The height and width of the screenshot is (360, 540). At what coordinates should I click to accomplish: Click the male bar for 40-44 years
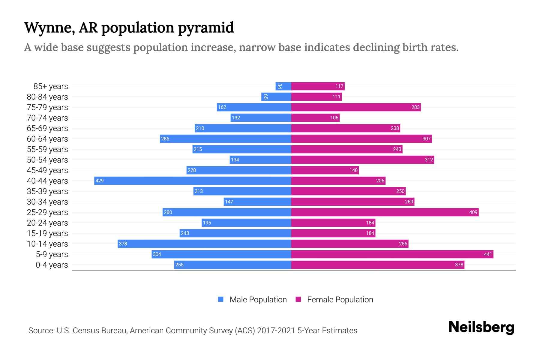pyautogui.click(x=193, y=181)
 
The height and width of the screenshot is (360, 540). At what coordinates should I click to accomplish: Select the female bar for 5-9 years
pyautogui.click(x=392, y=254)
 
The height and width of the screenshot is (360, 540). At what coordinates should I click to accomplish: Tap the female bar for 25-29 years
pyautogui.click(x=385, y=212)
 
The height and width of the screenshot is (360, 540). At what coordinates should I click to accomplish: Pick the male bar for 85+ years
pyautogui.click(x=283, y=86)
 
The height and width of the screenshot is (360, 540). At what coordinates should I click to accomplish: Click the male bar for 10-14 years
pyautogui.click(x=204, y=244)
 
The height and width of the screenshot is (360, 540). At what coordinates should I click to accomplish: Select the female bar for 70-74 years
pyautogui.click(x=315, y=118)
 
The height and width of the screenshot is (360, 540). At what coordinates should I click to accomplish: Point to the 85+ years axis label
pyautogui.click(x=51, y=86)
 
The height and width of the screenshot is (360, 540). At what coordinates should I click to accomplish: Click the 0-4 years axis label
pyautogui.click(x=52, y=265)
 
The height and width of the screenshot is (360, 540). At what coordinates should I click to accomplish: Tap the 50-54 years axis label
pyautogui.click(x=47, y=160)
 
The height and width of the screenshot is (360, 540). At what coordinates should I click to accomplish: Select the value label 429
pyautogui.click(x=99, y=181)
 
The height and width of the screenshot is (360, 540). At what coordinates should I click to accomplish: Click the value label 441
pyautogui.click(x=488, y=254)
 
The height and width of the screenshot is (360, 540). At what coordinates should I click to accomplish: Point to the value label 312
pyautogui.click(x=429, y=160)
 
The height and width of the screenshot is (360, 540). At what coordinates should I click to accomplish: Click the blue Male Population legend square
pyautogui.click(x=221, y=299)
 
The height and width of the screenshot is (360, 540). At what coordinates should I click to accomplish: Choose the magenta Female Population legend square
pyautogui.click(x=298, y=299)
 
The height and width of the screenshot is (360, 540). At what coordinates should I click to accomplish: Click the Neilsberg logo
pyautogui.click(x=481, y=327)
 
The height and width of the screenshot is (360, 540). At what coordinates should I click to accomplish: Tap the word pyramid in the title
pyautogui.click(x=206, y=28)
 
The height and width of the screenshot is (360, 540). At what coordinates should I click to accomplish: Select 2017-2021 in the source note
pyautogui.click(x=276, y=331)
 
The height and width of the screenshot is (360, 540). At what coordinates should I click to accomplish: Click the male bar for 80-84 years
pyautogui.click(x=276, y=97)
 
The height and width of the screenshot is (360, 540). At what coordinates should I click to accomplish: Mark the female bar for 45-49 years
pyautogui.click(x=325, y=170)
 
